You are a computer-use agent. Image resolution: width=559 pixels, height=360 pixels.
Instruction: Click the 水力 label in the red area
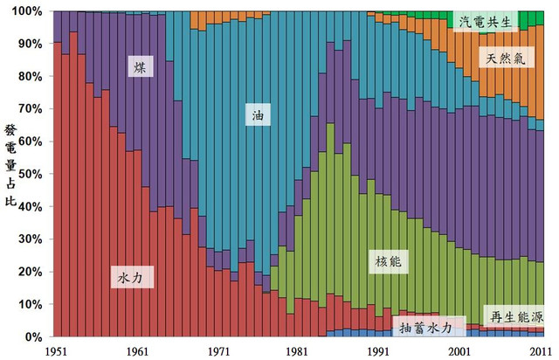[135, 278]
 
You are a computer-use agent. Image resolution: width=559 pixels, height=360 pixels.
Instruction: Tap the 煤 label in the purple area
[140, 66]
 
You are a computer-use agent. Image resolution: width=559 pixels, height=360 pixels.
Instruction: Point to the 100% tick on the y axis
[27, 10]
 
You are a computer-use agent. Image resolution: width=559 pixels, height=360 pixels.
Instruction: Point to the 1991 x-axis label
[377, 350]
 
